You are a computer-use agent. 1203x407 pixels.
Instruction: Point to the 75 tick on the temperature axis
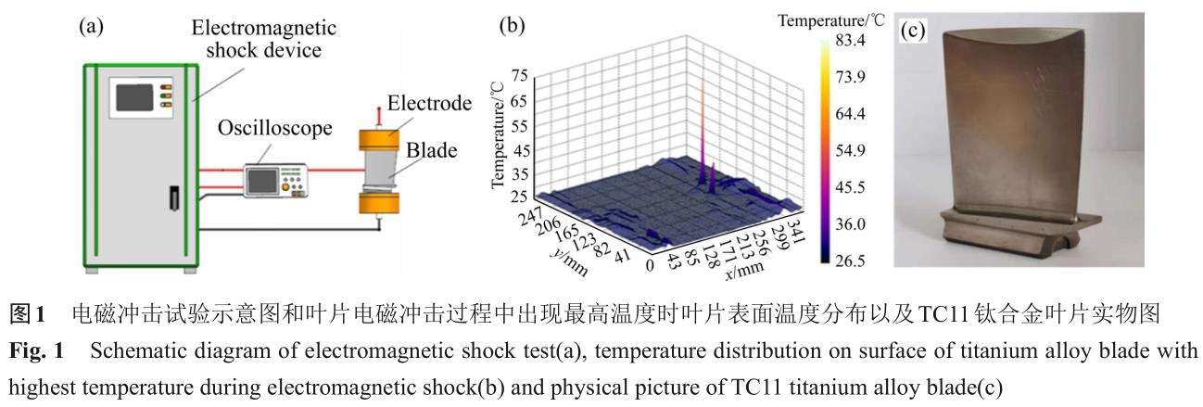coord(519,77)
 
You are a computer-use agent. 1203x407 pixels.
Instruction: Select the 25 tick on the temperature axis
coord(519,197)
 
